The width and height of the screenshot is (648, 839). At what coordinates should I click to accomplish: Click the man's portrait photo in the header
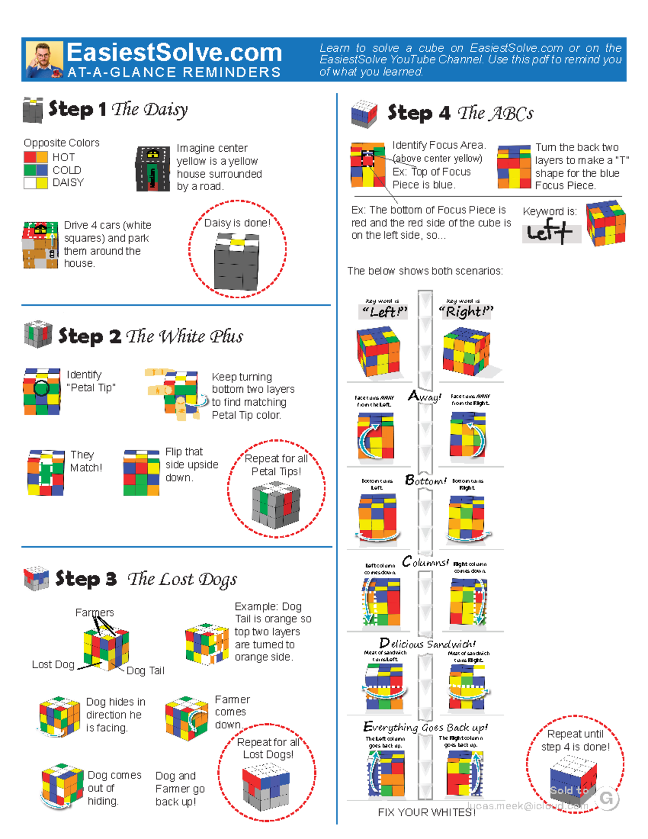click(44, 59)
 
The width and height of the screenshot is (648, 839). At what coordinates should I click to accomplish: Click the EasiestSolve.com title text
click(174, 53)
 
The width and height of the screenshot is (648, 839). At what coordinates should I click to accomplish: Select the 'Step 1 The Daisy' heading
click(118, 109)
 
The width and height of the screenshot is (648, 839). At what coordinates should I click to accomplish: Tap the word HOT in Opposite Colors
click(64, 157)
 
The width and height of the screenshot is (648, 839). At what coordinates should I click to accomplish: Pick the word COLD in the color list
click(66, 170)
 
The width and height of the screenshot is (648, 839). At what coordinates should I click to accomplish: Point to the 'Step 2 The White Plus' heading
click(150, 336)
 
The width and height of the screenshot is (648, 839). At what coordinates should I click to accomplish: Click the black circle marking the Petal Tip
click(42, 387)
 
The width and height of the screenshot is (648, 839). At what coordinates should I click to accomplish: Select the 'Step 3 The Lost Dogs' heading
click(146, 579)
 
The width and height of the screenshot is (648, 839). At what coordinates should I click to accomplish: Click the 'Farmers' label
click(94, 612)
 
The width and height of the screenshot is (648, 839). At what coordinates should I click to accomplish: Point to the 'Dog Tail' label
click(145, 670)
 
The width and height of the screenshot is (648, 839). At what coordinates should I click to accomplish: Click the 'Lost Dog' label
click(53, 665)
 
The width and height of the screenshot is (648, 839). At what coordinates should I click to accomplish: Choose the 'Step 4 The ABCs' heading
click(460, 113)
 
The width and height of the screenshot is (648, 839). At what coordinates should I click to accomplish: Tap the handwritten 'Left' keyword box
click(550, 232)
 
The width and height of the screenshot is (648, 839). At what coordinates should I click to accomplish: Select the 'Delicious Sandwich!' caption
click(427, 643)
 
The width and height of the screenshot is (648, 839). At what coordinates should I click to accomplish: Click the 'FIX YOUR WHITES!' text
click(426, 813)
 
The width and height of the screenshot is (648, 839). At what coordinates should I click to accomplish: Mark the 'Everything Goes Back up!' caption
click(426, 727)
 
